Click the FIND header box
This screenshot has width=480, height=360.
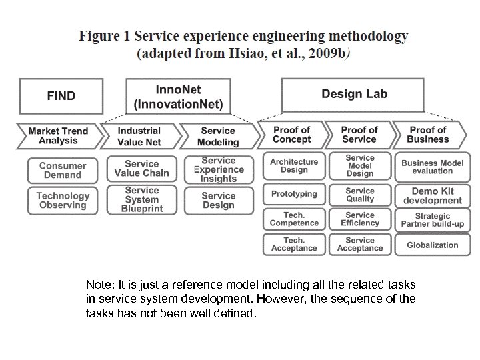[61, 95]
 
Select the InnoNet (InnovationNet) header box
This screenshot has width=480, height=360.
[178, 96]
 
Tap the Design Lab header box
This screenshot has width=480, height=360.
[353, 94]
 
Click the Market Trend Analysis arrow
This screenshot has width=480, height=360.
[58, 135]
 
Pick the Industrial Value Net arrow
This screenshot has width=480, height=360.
[139, 136]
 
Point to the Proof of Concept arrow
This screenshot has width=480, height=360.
[291, 135]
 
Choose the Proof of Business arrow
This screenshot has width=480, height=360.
[427, 135]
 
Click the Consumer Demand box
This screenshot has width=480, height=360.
[63, 171]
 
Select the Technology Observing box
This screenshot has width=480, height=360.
[63, 201]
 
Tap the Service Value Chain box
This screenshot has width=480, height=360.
[141, 169]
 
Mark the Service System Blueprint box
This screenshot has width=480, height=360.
[141, 200]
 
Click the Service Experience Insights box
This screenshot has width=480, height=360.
[219, 169]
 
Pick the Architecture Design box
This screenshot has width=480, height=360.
[294, 165]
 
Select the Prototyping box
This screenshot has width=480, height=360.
[294, 194]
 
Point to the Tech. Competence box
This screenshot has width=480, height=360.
[294, 219]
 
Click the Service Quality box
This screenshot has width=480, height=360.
[360, 195]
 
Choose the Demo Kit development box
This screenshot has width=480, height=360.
[432, 195]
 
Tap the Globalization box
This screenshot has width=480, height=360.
[432, 245]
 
